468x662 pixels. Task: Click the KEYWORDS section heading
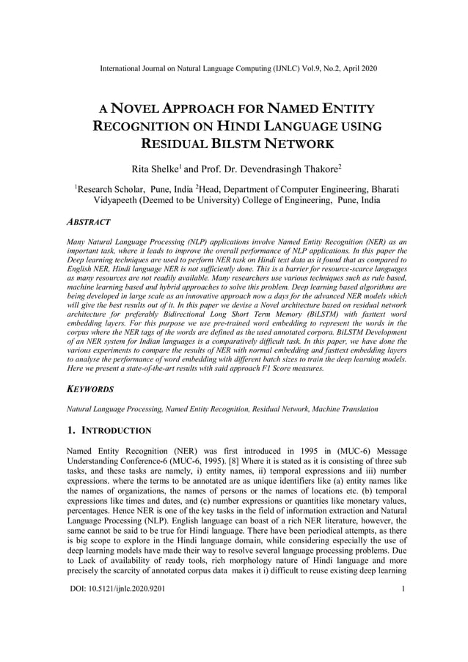click(x=90, y=389)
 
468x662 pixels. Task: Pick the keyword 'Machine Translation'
click(x=344, y=408)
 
